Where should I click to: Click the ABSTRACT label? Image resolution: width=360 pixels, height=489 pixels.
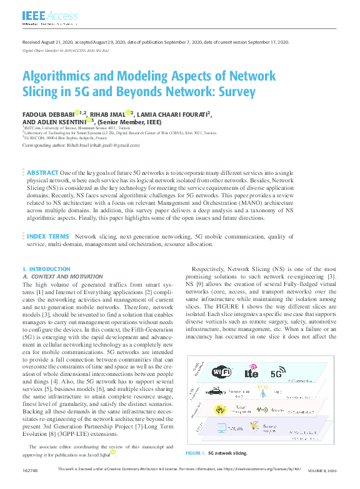(x=43, y=172)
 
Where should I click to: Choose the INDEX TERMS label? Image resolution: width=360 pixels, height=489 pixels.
(x=47, y=237)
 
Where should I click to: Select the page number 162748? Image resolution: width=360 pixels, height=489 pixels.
(x=29, y=485)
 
